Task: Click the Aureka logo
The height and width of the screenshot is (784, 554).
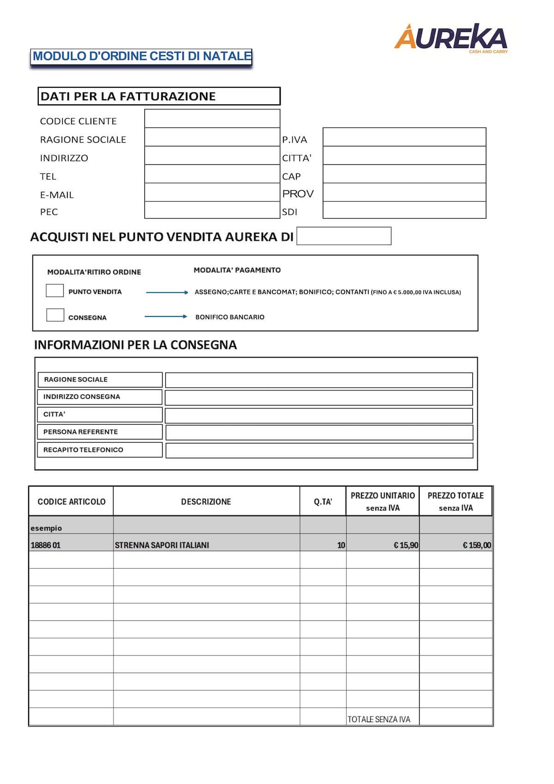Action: coord(450,38)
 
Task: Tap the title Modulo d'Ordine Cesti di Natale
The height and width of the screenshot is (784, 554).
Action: coord(142,56)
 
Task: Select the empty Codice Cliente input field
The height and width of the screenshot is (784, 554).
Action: coord(212,119)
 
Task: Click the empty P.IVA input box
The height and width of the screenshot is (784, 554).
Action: coord(404,137)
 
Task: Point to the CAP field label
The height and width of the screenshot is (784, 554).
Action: coord(291,176)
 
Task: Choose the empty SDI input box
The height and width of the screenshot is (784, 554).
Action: coord(404,210)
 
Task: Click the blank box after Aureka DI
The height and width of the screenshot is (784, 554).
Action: coord(343,236)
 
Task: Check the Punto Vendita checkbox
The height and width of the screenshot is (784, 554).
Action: coord(55,291)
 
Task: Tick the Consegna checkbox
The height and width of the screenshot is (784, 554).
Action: coord(55,315)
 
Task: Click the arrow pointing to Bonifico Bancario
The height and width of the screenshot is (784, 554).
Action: coord(166,316)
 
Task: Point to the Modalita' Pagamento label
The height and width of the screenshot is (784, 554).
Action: coord(237,270)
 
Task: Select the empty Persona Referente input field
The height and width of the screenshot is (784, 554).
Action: coord(319,432)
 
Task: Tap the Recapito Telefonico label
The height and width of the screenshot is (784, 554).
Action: coord(83,450)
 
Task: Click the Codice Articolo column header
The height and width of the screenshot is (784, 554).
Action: coord(72,502)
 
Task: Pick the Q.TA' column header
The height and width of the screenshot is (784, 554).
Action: coord(323,502)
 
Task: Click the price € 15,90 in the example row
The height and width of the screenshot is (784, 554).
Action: coord(406,545)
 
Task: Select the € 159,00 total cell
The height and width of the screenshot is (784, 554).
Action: coord(477,545)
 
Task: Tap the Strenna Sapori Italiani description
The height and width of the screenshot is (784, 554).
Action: coord(162,545)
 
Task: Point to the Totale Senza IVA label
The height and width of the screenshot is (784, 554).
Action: coord(379,719)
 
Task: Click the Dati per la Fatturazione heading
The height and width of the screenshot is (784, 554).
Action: coord(128,97)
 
